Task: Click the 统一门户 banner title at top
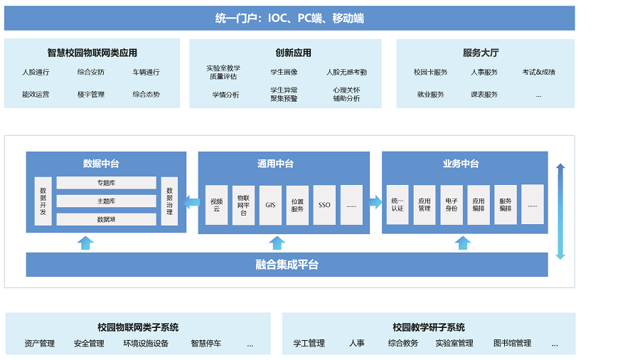289,18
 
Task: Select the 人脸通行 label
36,72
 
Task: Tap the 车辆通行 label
146,72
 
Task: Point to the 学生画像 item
284,72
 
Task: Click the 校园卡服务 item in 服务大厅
430,72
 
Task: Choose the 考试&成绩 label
538,72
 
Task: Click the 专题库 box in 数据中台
106,183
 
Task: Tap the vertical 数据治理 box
169,201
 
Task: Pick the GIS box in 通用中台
270,205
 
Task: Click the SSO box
324,205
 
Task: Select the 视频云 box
216,205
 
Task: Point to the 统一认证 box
397,205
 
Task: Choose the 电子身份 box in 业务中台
451,205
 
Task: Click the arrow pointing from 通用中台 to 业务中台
375,203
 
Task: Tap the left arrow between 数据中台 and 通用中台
191,203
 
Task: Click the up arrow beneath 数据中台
85,243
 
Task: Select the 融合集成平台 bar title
287,265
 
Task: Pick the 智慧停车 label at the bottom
206,344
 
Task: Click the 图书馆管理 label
512,344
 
